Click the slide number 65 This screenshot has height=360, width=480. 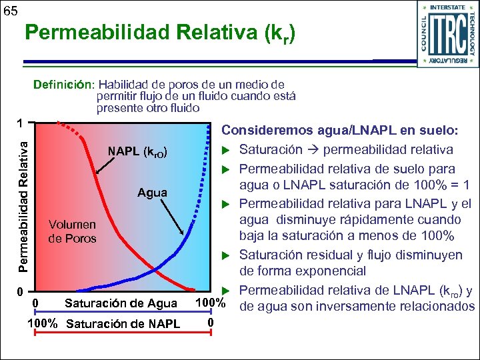point(11,11)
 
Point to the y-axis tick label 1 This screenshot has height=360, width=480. point(21,123)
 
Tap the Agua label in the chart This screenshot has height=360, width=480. point(152,193)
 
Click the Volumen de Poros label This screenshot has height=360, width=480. point(72,231)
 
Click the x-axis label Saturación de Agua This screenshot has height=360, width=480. point(121,304)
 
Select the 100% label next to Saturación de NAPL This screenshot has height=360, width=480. point(44,324)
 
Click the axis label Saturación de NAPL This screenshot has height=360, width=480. point(123,324)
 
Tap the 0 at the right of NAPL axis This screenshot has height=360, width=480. point(210,323)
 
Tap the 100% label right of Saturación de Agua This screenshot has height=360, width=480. point(208,304)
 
